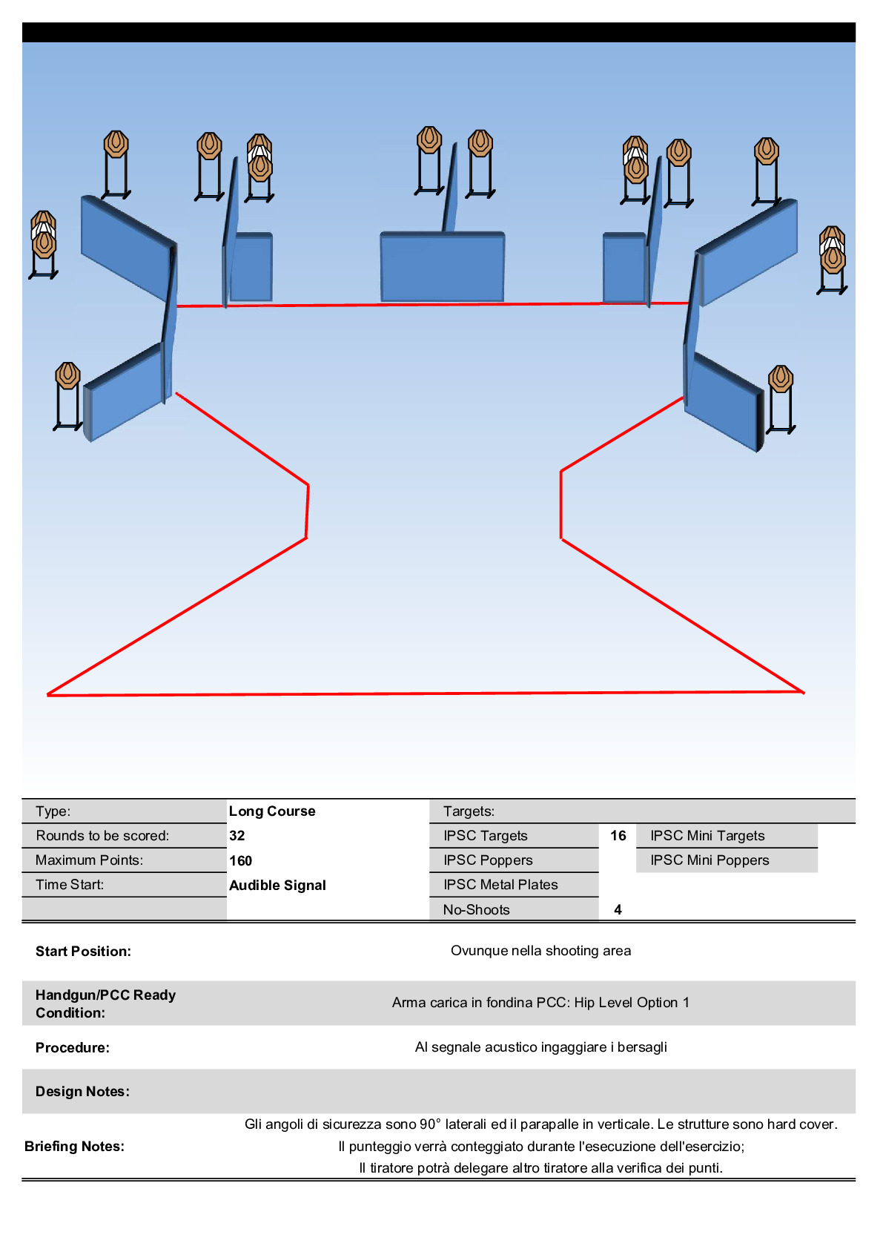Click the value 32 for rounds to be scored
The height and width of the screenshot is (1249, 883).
pos(237,835)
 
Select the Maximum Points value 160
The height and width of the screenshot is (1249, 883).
pos(240,860)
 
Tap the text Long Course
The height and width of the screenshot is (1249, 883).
pos(272,811)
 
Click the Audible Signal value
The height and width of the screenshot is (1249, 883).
pos(277,885)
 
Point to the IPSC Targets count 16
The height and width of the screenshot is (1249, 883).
pos(618,835)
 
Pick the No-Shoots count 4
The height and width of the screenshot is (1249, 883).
pos(618,909)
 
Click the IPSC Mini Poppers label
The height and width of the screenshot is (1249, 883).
pos(710,860)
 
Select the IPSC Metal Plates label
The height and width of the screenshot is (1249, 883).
pos(500,884)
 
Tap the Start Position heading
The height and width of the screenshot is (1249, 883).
pos(83,951)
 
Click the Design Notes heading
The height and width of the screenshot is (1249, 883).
pos(82,1091)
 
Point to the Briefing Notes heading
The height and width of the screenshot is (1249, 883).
pos(74,1146)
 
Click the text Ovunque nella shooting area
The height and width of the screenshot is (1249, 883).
pos(540,950)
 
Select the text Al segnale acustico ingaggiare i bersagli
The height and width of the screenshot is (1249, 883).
pos(540,1047)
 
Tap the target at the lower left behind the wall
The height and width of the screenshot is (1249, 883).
pos(67,377)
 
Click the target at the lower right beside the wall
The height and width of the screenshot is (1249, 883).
pos(780,380)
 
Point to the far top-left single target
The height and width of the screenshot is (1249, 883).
pos(116,145)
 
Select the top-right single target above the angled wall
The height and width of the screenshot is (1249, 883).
pos(766,151)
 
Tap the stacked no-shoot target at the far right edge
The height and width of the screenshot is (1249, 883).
pos(833,251)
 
